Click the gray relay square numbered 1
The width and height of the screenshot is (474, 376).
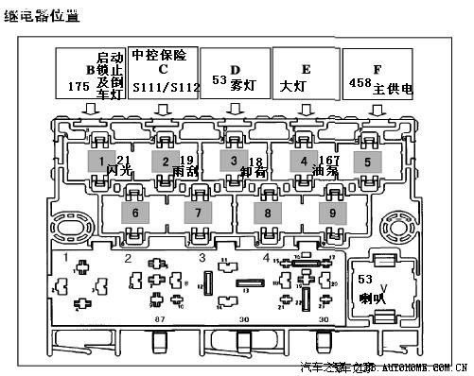pyautogui.click(x=100, y=162)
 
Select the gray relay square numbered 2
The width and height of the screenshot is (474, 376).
pyautogui.click(x=165, y=162)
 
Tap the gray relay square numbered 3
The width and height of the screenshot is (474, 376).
pyautogui.click(x=233, y=162)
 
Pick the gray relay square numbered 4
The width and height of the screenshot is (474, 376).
pyautogui.click(x=303, y=162)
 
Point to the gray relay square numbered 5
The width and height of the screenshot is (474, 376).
pyautogui.click(x=367, y=162)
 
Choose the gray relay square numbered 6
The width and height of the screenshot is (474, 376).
pyautogui.click(x=135, y=214)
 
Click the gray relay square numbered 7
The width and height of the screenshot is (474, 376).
pyautogui.click(x=199, y=214)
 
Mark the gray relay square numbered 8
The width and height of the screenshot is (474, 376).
pyautogui.click(x=268, y=214)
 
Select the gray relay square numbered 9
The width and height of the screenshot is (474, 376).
pyautogui.click(x=333, y=214)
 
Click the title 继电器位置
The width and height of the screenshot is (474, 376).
pyautogui.click(x=42, y=16)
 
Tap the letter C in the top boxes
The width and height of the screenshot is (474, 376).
pyautogui.click(x=164, y=69)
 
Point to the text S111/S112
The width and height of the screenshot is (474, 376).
pyautogui.click(x=166, y=87)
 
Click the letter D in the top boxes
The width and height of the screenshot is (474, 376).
pyautogui.click(x=236, y=69)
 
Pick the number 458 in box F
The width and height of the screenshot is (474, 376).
pyautogui.click(x=360, y=84)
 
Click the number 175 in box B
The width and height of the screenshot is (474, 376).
pyautogui.click(x=79, y=86)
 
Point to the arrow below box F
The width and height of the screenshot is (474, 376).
pyautogui.click(x=377, y=110)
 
